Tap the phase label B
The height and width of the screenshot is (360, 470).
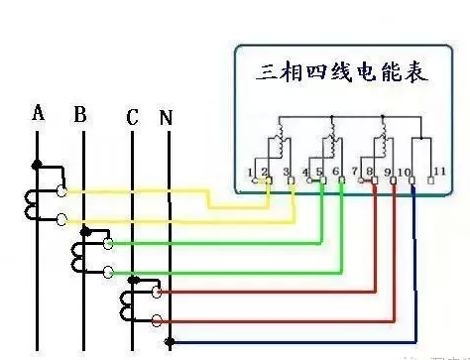click(80, 115)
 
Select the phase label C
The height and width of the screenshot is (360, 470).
click(132, 117)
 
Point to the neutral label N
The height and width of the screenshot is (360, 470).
click(166, 118)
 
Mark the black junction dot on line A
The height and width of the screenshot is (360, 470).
click(39, 164)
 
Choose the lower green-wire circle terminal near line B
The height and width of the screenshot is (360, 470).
click(108, 271)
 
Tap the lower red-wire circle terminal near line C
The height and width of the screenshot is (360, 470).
click(157, 318)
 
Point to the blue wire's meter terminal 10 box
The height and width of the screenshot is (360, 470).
click(411, 183)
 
